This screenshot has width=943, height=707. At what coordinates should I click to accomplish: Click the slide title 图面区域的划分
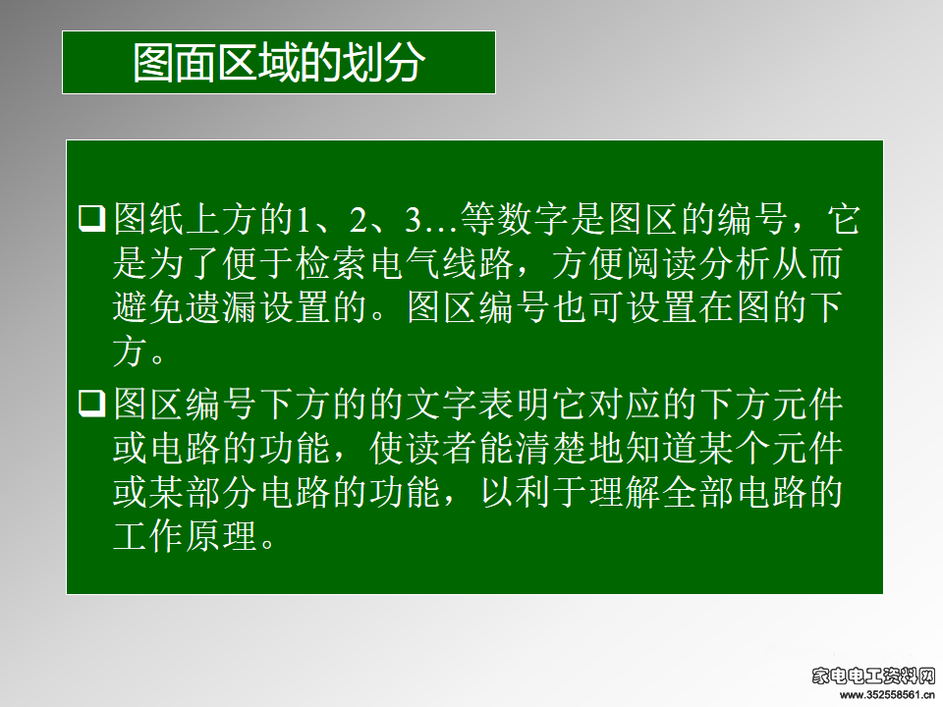click(x=279, y=63)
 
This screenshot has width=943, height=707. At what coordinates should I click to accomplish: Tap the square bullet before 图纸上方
click(x=92, y=218)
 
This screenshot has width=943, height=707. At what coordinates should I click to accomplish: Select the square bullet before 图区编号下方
click(x=92, y=403)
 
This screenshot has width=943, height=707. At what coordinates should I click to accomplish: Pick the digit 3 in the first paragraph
click(x=413, y=219)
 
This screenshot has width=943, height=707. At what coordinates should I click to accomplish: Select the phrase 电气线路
click(x=442, y=263)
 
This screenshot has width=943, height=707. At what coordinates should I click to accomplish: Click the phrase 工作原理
click(x=186, y=536)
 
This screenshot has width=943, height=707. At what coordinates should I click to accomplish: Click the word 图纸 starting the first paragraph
click(x=148, y=219)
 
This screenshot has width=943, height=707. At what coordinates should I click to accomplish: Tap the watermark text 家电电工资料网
click(x=873, y=677)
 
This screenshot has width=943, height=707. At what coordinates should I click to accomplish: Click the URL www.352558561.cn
click(x=887, y=695)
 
